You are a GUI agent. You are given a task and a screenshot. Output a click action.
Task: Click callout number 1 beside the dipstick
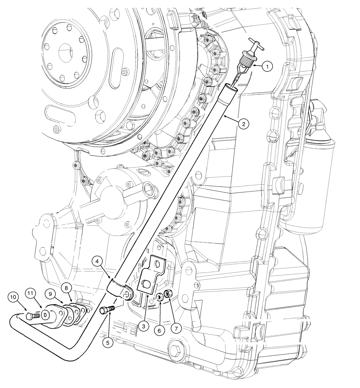coord(267,66)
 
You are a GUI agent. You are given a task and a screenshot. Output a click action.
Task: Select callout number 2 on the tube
coord(243,124)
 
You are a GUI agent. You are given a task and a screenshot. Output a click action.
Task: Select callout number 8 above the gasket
coord(67,288)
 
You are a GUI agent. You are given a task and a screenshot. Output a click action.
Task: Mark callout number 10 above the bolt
coord(13,297)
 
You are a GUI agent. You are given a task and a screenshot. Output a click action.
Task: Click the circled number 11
coord(31,293)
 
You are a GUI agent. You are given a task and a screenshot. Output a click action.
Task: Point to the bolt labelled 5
coord(107,310)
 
